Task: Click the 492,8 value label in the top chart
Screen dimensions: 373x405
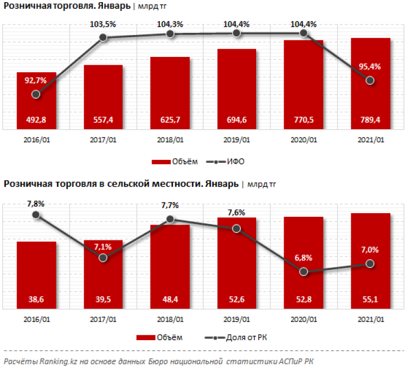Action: pos(36,119)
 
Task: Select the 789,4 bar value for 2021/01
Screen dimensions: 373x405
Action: pos(370,119)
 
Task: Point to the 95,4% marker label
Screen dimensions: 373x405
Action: pos(370,67)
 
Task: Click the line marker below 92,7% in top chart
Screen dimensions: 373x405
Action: pos(36,94)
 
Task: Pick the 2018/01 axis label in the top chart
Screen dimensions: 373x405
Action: pos(170,140)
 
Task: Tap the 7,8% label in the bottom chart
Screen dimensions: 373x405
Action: pos(36,203)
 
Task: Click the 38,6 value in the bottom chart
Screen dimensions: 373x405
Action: pos(36,299)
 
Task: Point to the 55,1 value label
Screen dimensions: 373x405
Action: pos(370,299)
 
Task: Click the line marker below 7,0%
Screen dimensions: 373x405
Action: pos(370,263)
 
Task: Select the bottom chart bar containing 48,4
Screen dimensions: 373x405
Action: pos(170,263)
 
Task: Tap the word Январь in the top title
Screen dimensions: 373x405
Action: pos(113,7)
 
